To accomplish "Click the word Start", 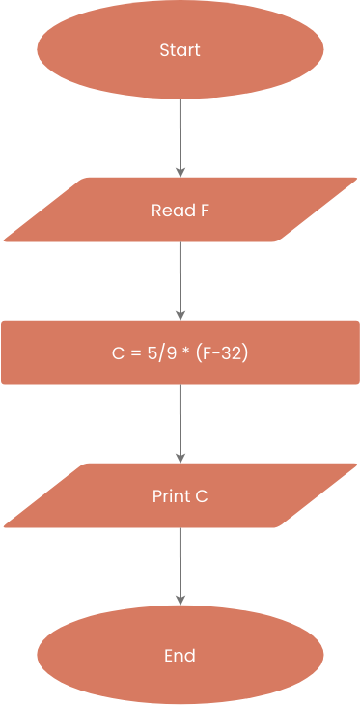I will pos(180,50).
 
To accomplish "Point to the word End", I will pos(180,656).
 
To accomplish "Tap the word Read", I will pos(170,210).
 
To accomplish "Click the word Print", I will pos(172,496).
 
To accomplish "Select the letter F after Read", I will pos(204,210).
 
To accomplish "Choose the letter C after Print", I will pos(202,496).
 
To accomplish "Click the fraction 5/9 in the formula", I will pos(158,353).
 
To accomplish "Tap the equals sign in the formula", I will pos(133,354).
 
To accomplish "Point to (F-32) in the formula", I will pos(222,353).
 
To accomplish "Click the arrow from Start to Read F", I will pos(180,135).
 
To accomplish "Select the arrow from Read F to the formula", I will pos(180,280).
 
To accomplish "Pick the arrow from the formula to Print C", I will pos(180,423).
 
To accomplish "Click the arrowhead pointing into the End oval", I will pos(180,601).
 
